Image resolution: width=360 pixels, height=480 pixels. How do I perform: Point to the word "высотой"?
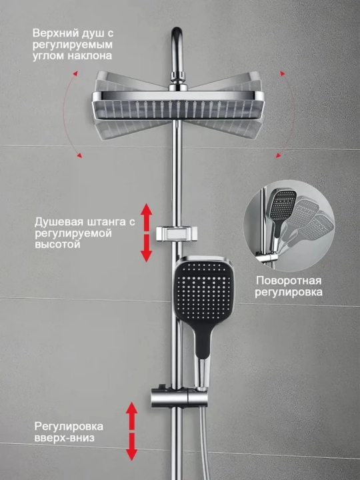click(x=57, y=245)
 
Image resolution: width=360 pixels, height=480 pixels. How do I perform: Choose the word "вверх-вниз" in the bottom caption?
click(x=64, y=438)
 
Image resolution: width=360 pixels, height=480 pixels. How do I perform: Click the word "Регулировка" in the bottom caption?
click(x=69, y=427)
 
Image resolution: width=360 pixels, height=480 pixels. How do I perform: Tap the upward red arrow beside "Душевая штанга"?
click(x=146, y=217)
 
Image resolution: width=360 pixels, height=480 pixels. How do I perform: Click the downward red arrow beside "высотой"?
click(x=146, y=248)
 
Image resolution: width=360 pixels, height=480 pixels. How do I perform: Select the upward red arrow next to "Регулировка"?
click(x=131, y=416)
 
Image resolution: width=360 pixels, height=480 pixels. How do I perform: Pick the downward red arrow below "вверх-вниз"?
click(x=131, y=447)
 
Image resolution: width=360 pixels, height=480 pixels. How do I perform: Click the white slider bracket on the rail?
click(x=176, y=233)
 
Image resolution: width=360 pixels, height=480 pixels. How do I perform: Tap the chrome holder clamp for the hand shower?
click(x=179, y=397)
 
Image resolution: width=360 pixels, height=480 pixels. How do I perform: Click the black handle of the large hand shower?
click(x=203, y=339)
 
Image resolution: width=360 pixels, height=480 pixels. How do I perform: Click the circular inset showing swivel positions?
click(x=289, y=226)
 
